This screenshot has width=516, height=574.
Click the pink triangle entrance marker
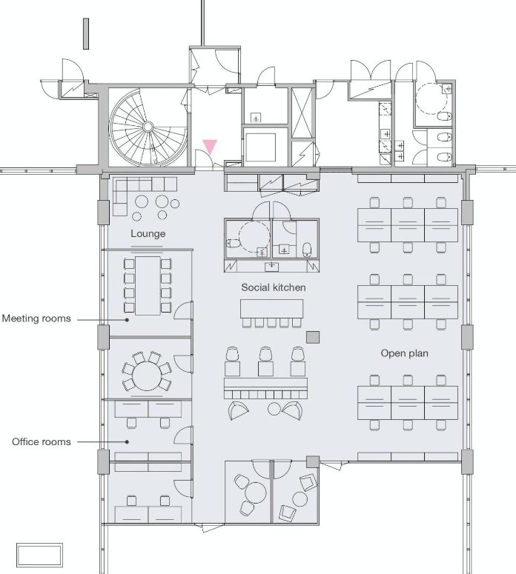point(211,147)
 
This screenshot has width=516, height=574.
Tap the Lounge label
point(148,233)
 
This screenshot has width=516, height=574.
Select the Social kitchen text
point(274,287)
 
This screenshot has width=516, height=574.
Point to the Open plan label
point(404,353)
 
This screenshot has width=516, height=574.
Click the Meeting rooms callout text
point(36,318)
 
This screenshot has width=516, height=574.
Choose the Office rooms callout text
point(42,442)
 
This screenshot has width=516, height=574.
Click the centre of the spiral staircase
point(148,127)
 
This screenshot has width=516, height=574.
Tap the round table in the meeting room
point(147,376)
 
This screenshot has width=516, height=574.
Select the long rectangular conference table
point(148,286)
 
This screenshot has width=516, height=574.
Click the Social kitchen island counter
point(271,309)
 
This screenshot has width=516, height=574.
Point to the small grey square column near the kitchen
point(313,337)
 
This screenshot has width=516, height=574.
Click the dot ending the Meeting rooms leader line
point(128,319)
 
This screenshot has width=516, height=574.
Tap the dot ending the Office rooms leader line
point(128,442)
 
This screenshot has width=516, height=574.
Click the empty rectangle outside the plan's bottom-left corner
point(39,555)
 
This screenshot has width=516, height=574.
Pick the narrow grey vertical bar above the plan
point(86,33)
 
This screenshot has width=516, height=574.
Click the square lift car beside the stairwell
point(260,147)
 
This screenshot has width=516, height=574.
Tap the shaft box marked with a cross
point(302,113)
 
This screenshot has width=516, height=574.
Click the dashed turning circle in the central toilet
point(254,236)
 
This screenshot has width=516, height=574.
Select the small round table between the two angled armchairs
point(274,409)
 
